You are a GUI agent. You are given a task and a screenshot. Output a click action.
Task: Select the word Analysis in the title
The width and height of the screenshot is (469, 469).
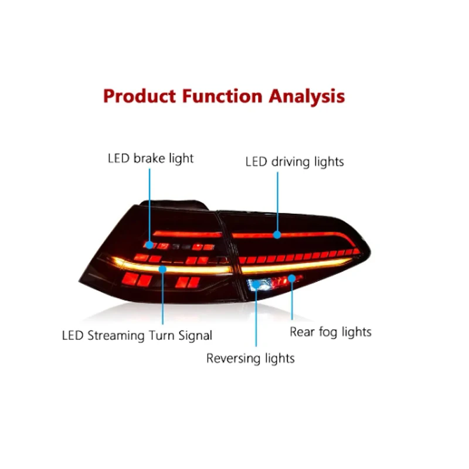pyautogui.click(x=307, y=96)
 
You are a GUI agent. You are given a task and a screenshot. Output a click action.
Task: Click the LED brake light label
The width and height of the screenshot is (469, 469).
pyautogui.click(x=150, y=158)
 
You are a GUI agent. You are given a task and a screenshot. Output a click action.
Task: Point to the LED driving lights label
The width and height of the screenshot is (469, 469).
pyautogui.click(x=294, y=161)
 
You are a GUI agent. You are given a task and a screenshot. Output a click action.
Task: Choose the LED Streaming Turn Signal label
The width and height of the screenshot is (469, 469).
pyautogui.click(x=137, y=336)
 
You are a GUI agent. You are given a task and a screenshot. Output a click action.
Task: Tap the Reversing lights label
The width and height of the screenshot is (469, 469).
pyautogui.click(x=250, y=358)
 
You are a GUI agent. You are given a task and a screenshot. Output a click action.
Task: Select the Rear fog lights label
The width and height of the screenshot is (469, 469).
pyautogui.click(x=331, y=332)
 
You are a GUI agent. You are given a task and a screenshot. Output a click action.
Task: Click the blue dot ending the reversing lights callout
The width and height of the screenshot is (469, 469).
pyautogui.click(x=256, y=287)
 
